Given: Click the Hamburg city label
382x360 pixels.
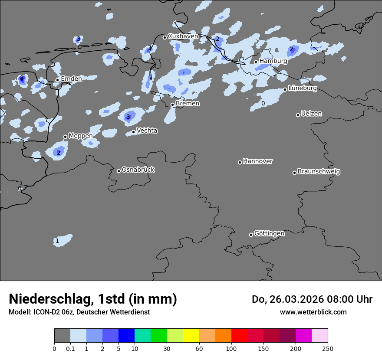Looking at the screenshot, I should click(273, 61).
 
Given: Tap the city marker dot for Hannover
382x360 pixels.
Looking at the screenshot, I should click(240, 162).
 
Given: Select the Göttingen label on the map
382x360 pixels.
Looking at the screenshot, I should click(269, 233).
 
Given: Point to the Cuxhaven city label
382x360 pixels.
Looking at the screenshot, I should click(183, 36).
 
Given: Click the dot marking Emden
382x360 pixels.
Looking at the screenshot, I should click(57, 80).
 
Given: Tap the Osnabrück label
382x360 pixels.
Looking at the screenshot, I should click(138, 170).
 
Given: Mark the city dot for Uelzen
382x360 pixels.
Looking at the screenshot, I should click(298, 115).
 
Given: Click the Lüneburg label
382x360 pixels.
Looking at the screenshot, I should click(303, 88).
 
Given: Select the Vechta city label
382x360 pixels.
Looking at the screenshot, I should click(147, 131).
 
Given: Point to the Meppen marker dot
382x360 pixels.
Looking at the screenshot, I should click(65, 137).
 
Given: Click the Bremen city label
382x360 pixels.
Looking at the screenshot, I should click(188, 104).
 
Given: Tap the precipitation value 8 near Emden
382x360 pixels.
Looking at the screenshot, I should click(22, 78).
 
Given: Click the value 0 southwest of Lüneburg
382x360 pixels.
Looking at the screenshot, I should click(263, 103).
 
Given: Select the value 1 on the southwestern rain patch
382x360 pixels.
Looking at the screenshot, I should click(57, 241).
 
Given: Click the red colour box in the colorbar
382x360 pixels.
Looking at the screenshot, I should click(239, 336).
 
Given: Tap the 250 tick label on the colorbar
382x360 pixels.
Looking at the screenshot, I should click(327, 348).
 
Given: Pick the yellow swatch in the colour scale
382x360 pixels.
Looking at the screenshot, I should click(191, 336).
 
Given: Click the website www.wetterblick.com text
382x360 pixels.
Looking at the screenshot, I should click(313, 312).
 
